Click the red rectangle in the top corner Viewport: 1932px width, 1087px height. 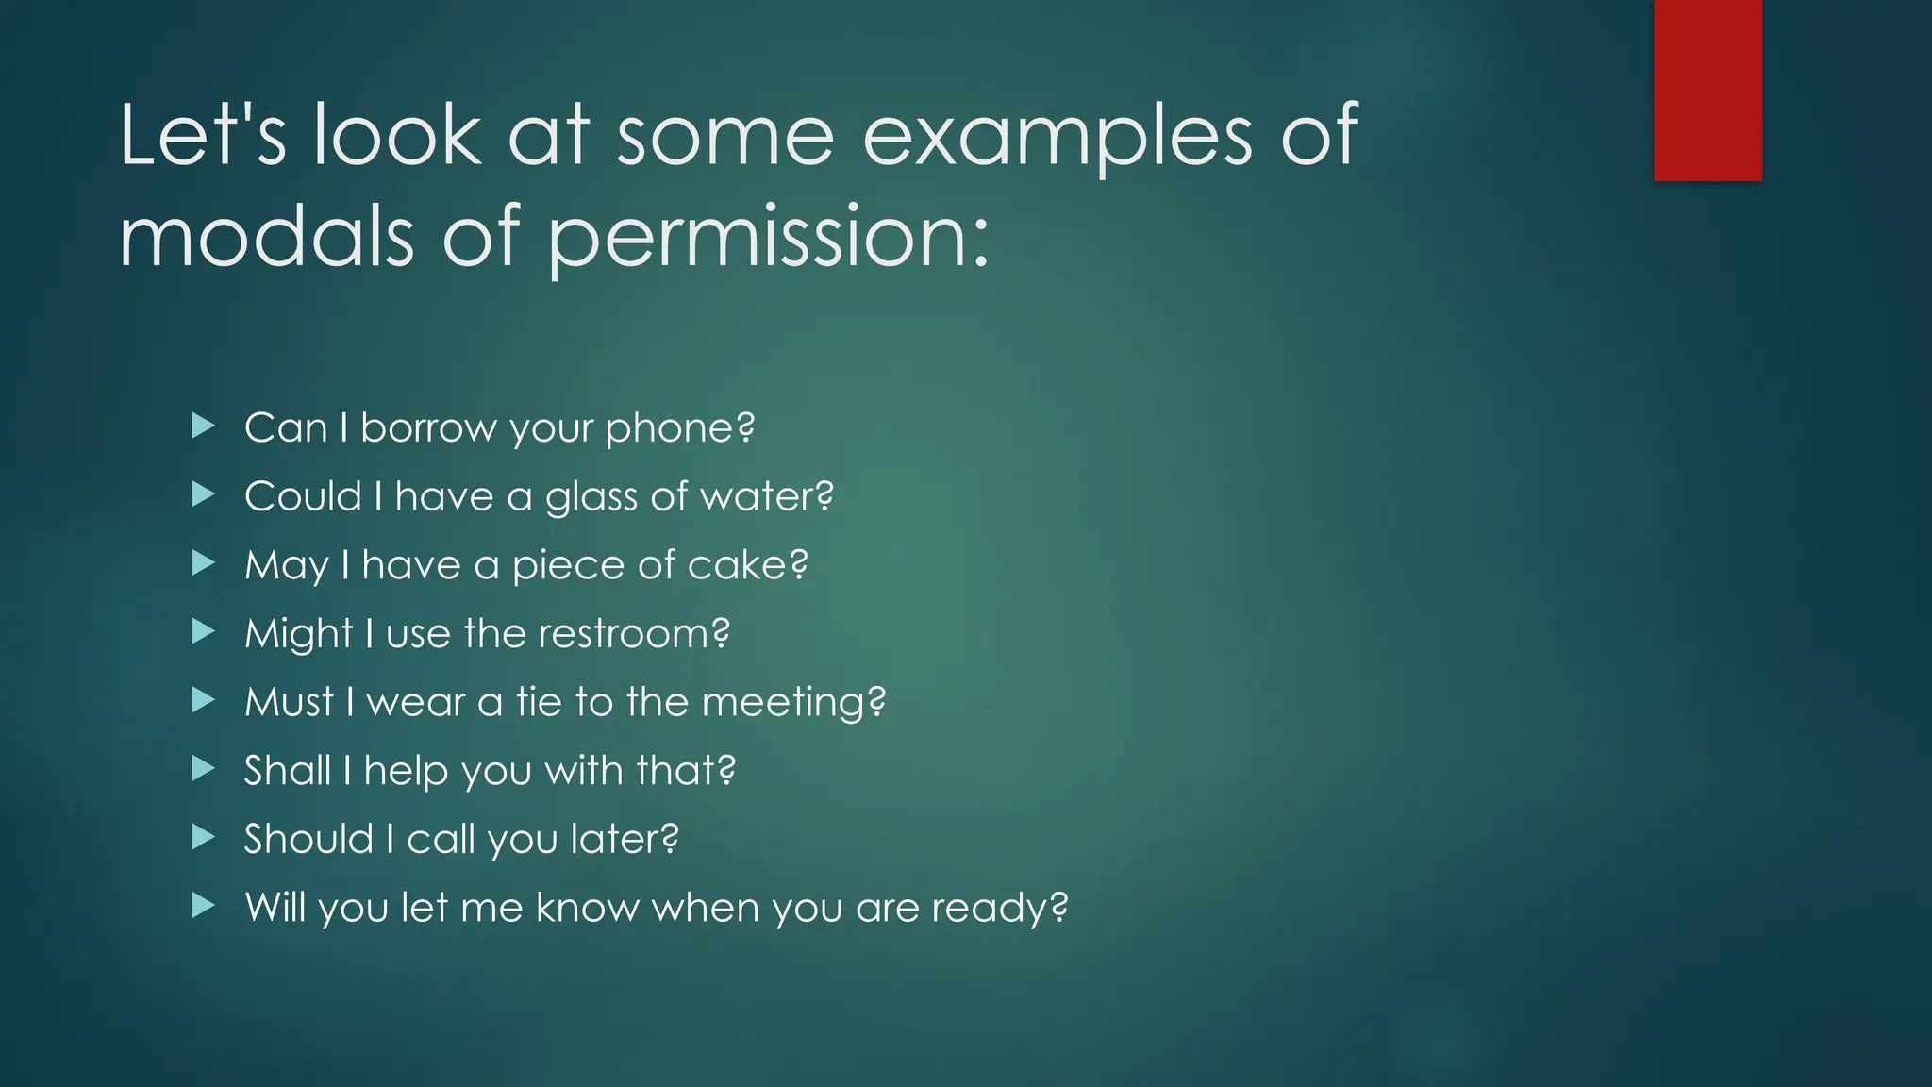coord(1707,91)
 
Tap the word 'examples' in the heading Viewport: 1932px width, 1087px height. coord(1058,138)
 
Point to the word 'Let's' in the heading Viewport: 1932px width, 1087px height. coord(203,136)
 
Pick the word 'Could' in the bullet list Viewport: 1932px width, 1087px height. coord(303,496)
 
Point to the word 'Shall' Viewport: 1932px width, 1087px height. coord(287,770)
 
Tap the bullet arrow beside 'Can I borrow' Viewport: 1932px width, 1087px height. coord(203,426)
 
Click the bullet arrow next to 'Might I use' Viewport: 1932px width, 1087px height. coord(203,632)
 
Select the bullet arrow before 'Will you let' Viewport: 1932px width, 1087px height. coord(203,907)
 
